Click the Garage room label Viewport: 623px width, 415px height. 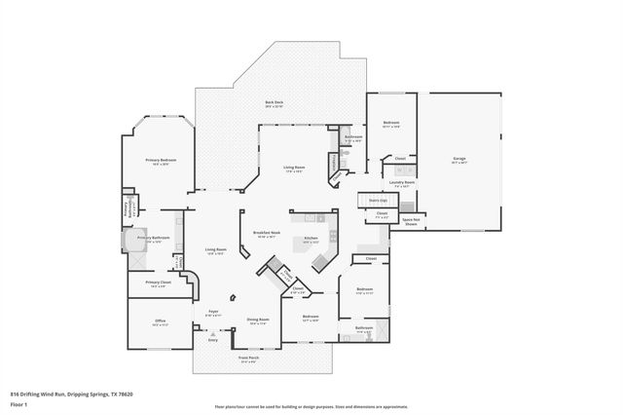458,159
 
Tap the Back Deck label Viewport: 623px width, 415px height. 274,102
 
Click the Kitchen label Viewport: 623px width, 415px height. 311,238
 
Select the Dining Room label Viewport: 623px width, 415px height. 258,320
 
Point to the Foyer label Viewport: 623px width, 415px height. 213,312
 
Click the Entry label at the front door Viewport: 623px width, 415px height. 213,340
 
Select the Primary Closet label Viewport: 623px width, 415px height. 156,283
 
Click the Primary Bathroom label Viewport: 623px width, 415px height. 154,238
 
